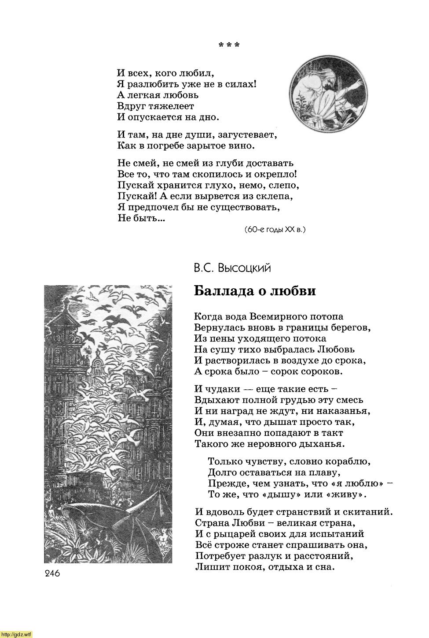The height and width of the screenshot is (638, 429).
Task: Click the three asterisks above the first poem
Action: pyautogui.click(x=229, y=45)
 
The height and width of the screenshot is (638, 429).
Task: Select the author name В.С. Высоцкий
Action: pyautogui.click(x=232, y=268)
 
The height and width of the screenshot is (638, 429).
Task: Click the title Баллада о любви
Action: pyautogui.click(x=255, y=291)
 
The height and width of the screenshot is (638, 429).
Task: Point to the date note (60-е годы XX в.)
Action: pyautogui.click(x=275, y=230)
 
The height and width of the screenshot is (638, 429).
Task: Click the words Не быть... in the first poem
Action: pyautogui.click(x=141, y=218)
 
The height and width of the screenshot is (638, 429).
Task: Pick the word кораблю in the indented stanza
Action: pyautogui.click(x=348, y=461)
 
